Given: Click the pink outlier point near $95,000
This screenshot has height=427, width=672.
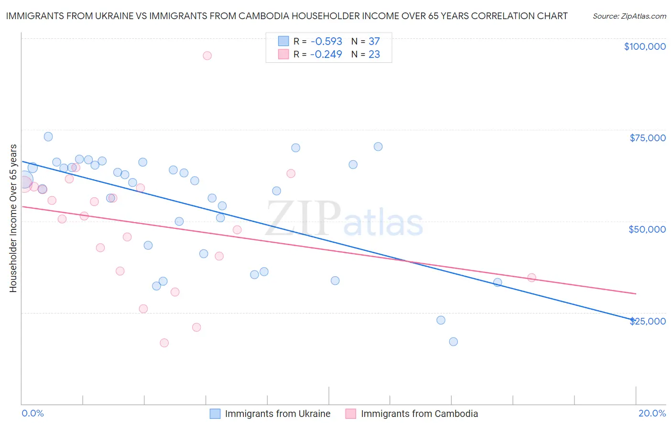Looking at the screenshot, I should click(207, 56).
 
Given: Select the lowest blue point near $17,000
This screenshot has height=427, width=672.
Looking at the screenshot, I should click(453, 341).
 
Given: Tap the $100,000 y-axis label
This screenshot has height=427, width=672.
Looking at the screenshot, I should click(644, 46).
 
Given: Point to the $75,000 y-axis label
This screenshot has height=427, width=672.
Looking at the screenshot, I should click(647, 138).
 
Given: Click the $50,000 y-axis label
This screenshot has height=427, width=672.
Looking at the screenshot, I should click(647, 229).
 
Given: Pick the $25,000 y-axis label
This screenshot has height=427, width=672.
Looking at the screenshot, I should click(647, 321).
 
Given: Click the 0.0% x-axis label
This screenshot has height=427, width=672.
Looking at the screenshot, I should click(33, 413).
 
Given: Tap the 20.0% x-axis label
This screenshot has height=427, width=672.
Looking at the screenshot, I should click(652, 413).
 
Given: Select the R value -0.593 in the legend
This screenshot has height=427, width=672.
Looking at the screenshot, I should click(326, 42).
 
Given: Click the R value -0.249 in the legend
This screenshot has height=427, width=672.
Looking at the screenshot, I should click(326, 55).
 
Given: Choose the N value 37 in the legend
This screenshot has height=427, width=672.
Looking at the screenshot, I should click(374, 42).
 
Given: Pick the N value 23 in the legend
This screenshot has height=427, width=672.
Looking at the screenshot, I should click(374, 55).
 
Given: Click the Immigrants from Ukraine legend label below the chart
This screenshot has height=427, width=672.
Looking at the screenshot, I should click(277, 414).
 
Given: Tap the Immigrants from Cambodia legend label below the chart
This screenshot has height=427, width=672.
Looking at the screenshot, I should click(419, 414).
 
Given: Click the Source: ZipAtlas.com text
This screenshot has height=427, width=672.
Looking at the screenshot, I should click(629, 16).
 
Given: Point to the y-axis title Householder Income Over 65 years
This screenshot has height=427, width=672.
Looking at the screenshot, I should click(13, 218).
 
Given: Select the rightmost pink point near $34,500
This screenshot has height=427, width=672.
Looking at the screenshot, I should click(531, 278).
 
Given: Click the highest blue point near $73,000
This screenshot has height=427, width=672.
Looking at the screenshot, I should click(48, 136).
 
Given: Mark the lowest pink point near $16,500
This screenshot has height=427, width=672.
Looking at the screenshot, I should click(164, 343).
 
